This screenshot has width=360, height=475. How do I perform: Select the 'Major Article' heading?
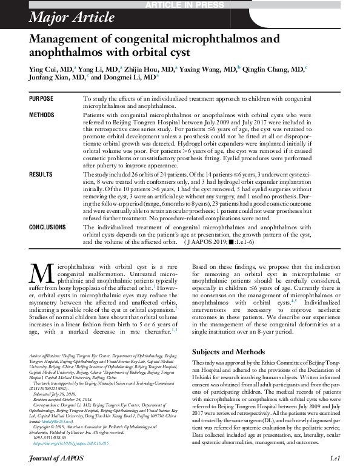(63, 17)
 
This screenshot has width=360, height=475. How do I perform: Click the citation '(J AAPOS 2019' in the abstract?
(210, 242)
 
